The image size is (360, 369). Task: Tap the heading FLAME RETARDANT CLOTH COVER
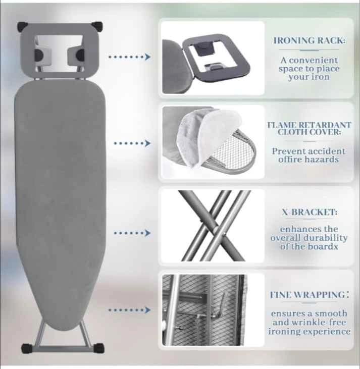[x=309, y=129]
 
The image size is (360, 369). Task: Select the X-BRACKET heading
[x=310, y=212]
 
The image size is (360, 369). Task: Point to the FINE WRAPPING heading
[x=310, y=295]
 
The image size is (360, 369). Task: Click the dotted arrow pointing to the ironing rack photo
[x=129, y=57]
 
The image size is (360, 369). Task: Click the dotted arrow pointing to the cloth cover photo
[x=132, y=143]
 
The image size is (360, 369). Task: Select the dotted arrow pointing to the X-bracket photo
[x=132, y=233]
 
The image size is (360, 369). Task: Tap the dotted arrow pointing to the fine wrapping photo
[x=129, y=310]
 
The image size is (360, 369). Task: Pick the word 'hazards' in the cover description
[x=322, y=160]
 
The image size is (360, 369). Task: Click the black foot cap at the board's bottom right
[x=98, y=348]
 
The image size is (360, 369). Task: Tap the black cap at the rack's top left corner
[x=23, y=26]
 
